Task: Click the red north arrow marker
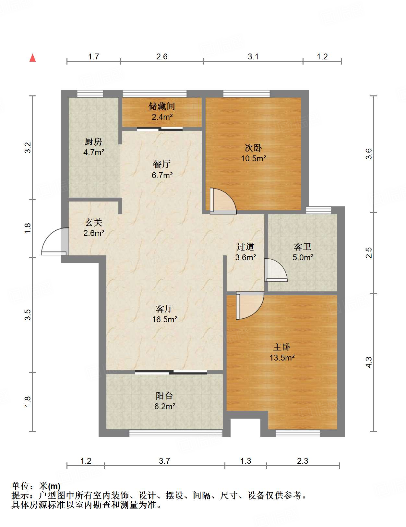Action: coord(32,58)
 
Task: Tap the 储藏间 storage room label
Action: coord(162,106)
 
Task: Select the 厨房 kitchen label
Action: coord(93,141)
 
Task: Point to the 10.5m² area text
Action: coord(253,158)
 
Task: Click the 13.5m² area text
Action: coord(282,358)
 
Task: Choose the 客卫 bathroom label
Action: coord(303,247)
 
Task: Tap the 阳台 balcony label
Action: coord(164,396)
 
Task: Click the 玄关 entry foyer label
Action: coord(94,222)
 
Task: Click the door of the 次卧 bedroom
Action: coord(223,201)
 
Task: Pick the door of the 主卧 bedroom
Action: coord(250,305)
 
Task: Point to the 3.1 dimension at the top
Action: coord(253,57)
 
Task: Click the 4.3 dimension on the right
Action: coord(369,362)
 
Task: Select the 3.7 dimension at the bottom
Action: coord(164,461)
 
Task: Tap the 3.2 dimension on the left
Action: coord(28,148)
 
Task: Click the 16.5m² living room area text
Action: coord(164,319)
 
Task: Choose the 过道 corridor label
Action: coord(245,247)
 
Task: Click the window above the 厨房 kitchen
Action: coord(90,94)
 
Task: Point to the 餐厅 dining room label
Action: coord(162,165)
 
